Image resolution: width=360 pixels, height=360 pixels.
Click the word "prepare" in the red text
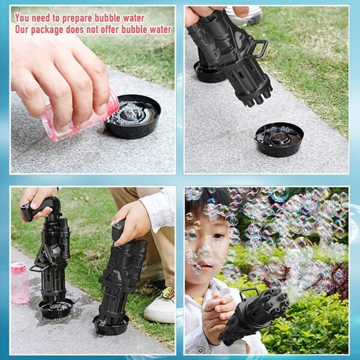coord(77,19)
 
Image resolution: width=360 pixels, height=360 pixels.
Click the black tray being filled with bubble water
coord(133,116)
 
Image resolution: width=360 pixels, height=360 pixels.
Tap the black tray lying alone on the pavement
coord(279,139)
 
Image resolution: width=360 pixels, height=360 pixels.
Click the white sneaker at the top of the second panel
coord(245,14)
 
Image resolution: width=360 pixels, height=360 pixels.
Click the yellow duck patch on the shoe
coord(168,293)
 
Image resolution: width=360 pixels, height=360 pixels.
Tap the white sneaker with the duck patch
coord(160,305)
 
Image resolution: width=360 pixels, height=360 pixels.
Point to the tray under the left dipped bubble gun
coord(56,309)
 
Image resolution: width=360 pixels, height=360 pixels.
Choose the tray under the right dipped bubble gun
coord(110,324)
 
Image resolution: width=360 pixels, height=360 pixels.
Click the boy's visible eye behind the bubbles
coord(217,237)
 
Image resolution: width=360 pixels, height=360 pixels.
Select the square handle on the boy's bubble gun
coord(248,293)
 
